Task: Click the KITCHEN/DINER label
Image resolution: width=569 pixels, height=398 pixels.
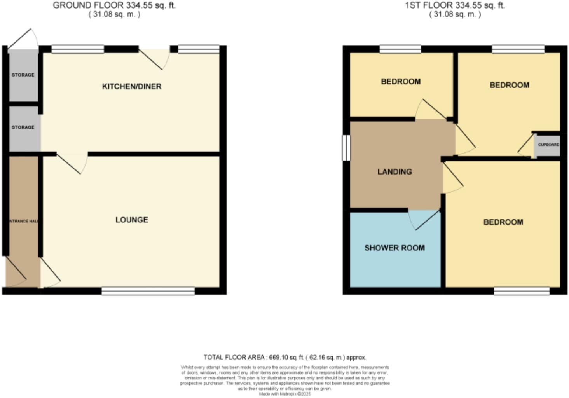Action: pos(131,86)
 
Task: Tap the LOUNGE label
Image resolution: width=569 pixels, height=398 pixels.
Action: pos(131,220)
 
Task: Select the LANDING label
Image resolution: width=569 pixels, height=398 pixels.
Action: pos(394,172)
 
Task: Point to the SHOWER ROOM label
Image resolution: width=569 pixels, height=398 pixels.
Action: pos(394,248)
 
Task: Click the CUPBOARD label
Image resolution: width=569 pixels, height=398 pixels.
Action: pos(548,145)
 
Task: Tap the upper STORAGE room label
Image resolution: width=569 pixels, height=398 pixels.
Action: pos(23,75)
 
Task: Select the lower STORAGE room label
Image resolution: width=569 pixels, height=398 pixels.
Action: pos(23,127)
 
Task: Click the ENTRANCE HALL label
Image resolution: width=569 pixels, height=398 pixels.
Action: pos(23,221)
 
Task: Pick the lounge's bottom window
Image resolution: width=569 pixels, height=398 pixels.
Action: pos(148,291)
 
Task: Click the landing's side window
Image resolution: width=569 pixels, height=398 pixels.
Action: pos(346,148)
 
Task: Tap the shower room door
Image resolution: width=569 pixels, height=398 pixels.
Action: pos(426,220)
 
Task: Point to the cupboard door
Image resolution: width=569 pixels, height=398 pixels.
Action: pos(525,146)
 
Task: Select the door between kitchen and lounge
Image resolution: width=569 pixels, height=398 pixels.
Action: pos(72,163)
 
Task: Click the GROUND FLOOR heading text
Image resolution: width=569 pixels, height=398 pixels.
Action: pos(114,5)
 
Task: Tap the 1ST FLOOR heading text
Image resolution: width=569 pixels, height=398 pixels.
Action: pos(455,5)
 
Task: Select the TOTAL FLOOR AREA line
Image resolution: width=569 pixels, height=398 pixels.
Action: pos(284,357)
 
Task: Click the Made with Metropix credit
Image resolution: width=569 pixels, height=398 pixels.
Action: pos(284,394)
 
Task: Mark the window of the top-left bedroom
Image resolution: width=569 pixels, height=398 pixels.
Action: pos(400,49)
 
